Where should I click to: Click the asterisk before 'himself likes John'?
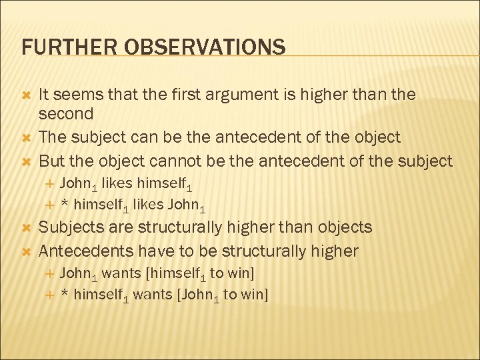64,204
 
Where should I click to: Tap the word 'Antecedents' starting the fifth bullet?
85,251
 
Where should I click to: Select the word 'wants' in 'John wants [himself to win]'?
121,273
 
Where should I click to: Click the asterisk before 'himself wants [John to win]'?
64,293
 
